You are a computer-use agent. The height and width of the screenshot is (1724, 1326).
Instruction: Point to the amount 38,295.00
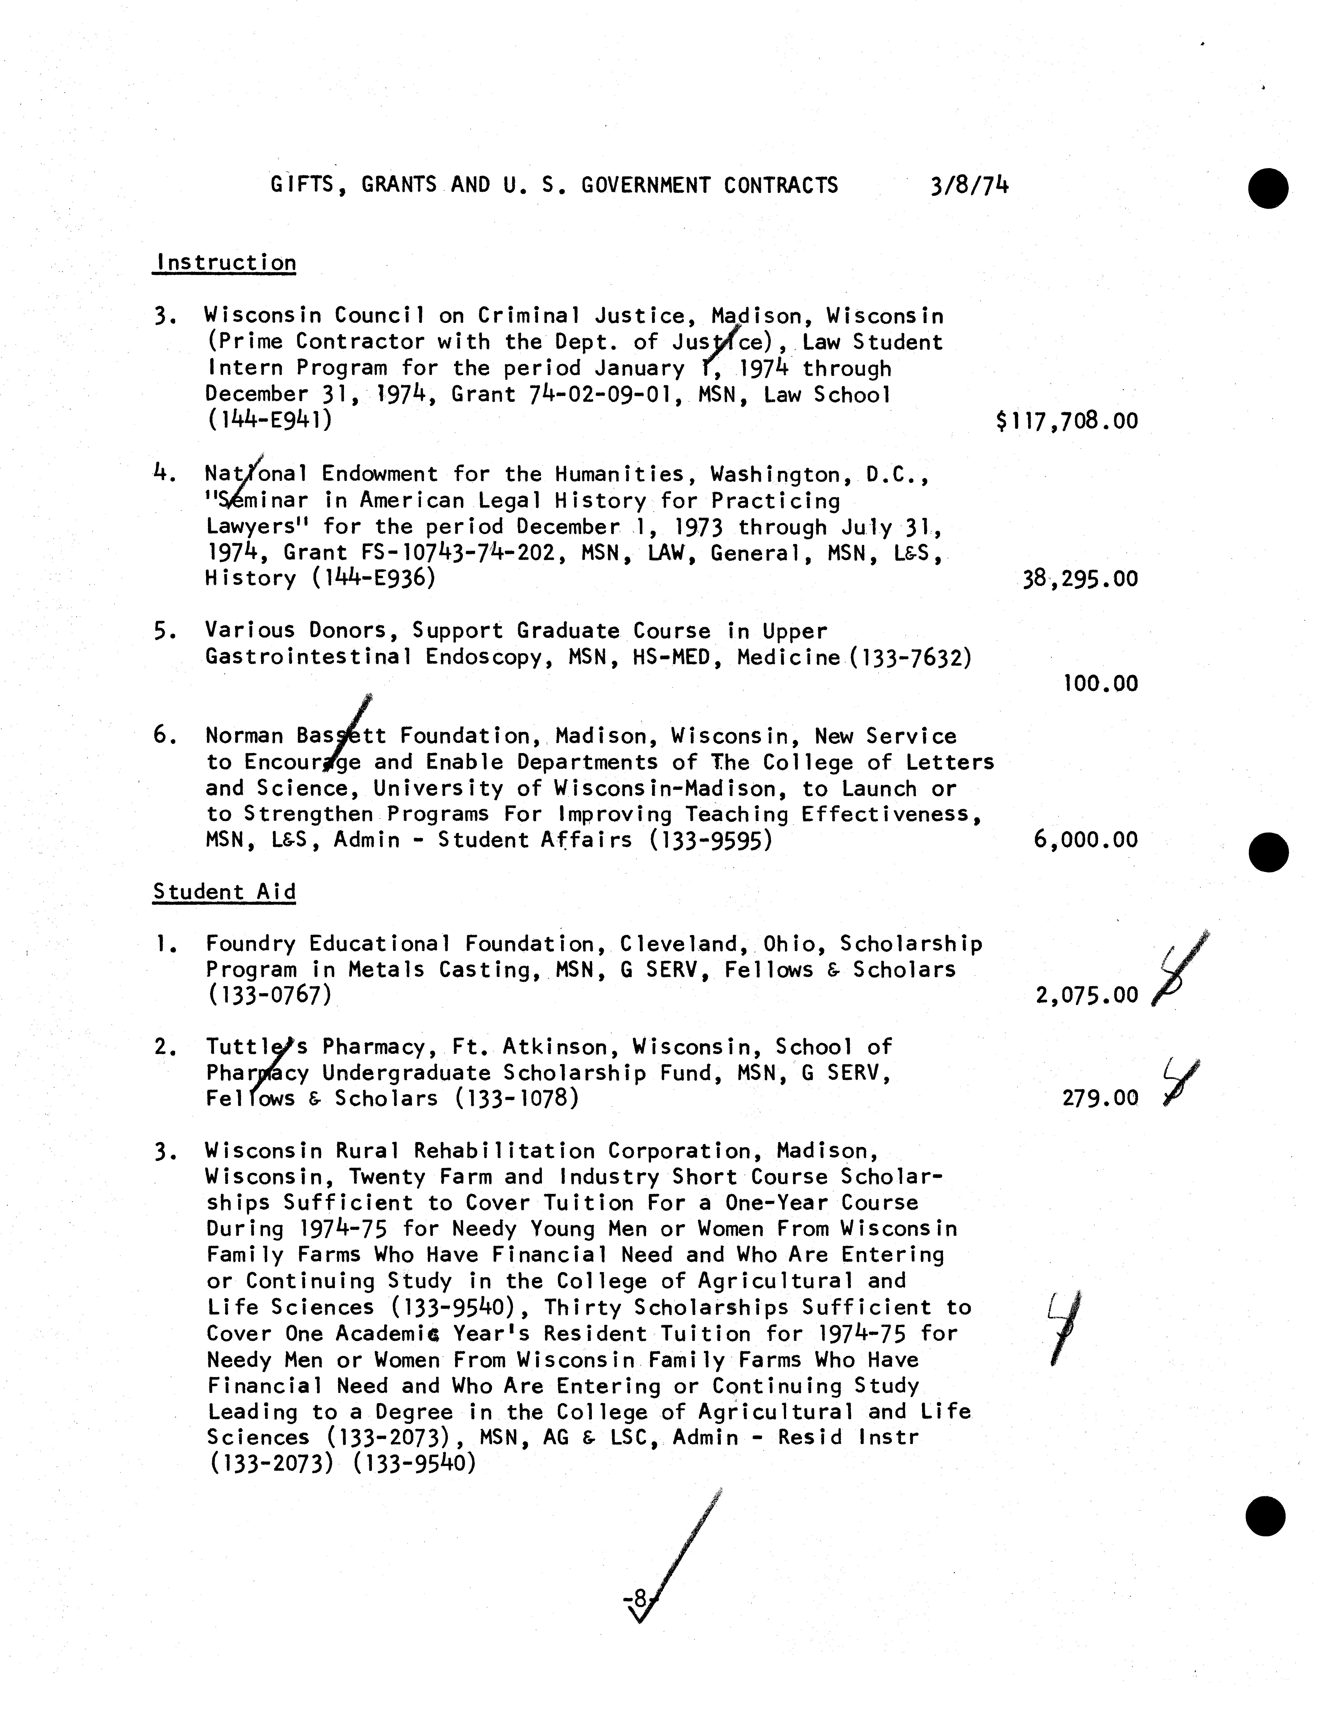[1080, 579]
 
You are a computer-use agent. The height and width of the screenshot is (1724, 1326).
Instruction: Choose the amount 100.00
[1100, 684]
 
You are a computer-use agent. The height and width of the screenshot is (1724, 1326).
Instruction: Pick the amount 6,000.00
[1085, 840]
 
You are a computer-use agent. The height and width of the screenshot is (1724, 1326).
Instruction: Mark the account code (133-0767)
[268, 995]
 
